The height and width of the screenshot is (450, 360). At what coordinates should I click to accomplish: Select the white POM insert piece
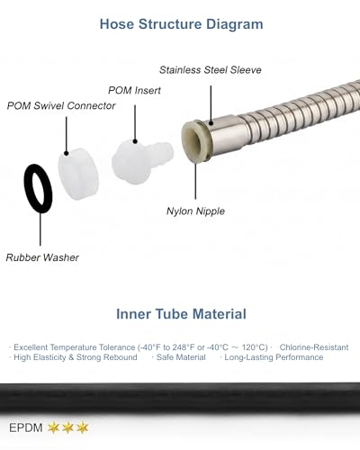pyautogui.click(x=141, y=161)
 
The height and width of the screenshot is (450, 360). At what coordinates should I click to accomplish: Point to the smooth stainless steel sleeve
pyautogui.click(x=227, y=133)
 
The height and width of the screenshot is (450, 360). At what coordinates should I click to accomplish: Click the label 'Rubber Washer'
pyautogui.click(x=42, y=257)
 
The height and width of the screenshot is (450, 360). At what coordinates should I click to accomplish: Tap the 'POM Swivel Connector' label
pyautogui.click(x=61, y=105)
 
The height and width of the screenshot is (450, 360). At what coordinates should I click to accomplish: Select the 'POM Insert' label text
pyautogui.click(x=134, y=90)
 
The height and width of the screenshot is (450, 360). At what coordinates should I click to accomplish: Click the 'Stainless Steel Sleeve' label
pyautogui.click(x=211, y=70)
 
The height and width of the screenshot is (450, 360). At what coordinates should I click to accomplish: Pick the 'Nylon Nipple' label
pyautogui.click(x=195, y=211)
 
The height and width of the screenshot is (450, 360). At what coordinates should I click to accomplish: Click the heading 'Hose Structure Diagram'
pyautogui.click(x=181, y=24)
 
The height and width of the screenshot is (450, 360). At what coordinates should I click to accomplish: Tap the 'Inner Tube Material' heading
pyautogui.click(x=181, y=314)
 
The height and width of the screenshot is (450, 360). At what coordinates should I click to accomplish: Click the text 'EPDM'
pyautogui.click(x=26, y=427)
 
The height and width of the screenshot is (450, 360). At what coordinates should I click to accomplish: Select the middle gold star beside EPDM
pyautogui.click(x=67, y=427)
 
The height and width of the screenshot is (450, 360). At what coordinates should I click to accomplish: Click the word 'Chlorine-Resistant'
pyautogui.click(x=314, y=347)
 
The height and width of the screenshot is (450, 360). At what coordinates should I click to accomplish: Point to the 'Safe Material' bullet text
pyautogui.click(x=181, y=357)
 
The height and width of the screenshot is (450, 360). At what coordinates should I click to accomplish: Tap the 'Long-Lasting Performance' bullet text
pyautogui.click(x=274, y=357)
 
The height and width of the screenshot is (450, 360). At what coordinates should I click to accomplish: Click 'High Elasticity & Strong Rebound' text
pyautogui.click(x=76, y=357)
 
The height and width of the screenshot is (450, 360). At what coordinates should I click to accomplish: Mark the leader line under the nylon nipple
pyautogui.click(x=195, y=181)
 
